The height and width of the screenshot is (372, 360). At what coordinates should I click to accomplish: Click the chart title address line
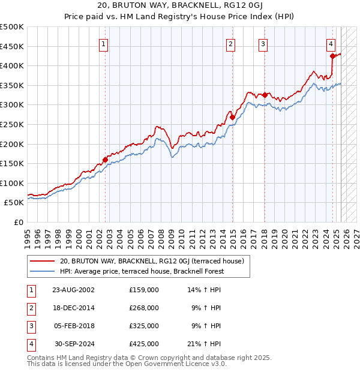[x=179, y=6]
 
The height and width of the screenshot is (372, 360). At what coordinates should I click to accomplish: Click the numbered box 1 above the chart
[x=104, y=43]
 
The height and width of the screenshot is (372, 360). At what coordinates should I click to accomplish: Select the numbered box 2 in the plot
[x=230, y=43]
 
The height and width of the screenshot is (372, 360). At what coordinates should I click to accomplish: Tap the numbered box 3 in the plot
[x=263, y=43]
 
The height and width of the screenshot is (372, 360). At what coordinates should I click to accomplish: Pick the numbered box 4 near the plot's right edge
[x=331, y=43]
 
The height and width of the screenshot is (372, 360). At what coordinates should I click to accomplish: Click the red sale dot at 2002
[x=105, y=160]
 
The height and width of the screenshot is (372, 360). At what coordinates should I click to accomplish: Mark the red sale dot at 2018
[x=265, y=95]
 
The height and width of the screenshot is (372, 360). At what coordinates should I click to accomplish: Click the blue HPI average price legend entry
[x=142, y=271]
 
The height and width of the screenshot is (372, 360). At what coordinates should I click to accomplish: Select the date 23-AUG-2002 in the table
[x=73, y=290]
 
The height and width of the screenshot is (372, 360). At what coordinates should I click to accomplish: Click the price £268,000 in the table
[x=144, y=308]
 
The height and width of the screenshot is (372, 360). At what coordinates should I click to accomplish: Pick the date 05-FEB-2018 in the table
[x=73, y=326]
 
